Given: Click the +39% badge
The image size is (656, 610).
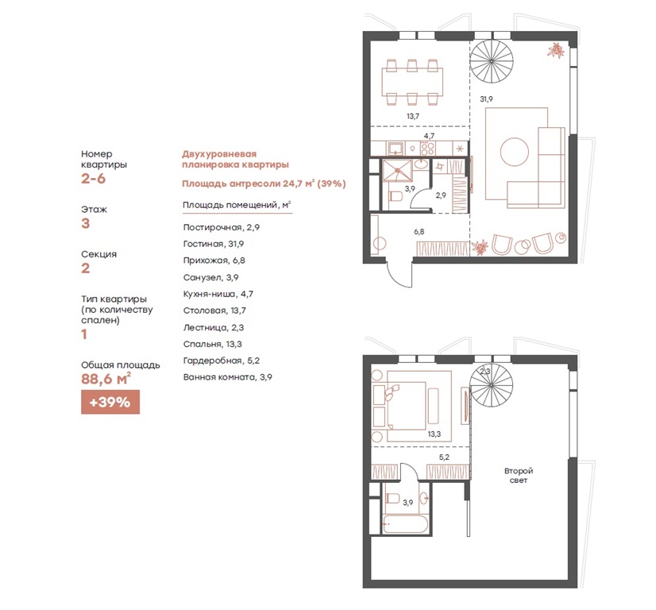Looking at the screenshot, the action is pos(110,402).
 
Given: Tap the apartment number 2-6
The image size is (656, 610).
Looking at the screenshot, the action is pos(93,179).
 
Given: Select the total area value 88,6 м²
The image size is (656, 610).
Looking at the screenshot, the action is pos(106,379).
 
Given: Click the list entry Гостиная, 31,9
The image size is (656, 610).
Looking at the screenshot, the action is pos(214,244).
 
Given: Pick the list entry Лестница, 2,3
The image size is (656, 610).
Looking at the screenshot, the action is pos(214,327).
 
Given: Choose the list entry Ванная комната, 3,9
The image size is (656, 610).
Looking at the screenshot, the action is pos(228,377).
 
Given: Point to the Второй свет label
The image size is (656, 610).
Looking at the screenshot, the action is pos(519,476).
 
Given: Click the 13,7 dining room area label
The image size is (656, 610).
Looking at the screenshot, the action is pos(413,116).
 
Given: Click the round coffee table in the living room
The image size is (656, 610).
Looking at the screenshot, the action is pos(514,152).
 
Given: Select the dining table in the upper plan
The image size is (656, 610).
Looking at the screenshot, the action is pos(412,82).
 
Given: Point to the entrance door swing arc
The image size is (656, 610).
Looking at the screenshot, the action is pos(396,280).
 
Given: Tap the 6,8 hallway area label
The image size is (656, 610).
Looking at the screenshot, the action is pos(419,231).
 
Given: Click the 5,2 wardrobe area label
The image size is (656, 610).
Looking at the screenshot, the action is pos(444,457).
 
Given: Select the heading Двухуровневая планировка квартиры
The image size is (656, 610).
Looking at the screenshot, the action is pos(235,160).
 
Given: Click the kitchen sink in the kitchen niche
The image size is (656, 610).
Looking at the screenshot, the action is pos(396,148).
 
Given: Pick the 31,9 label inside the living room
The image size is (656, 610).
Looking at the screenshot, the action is pos(486,99).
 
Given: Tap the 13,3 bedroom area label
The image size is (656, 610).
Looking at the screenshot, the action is pos(434,434).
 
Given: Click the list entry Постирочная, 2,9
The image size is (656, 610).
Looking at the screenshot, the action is pos(222,228).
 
